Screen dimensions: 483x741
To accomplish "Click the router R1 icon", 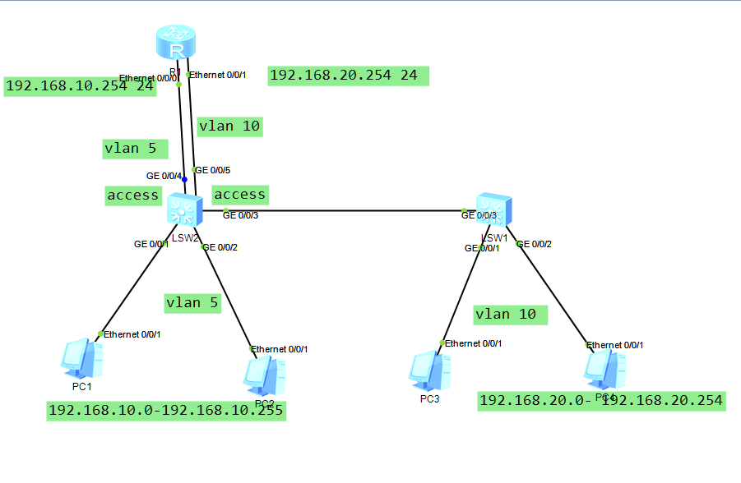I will tap(177, 42).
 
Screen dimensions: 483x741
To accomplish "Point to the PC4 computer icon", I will tap(604, 369).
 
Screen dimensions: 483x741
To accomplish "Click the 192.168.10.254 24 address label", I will tap(80, 86).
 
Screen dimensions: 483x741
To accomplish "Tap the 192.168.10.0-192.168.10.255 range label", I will tap(166, 411).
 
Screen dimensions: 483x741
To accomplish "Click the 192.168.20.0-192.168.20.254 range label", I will tap(601, 401).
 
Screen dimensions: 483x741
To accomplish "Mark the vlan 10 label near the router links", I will tap(229, 126).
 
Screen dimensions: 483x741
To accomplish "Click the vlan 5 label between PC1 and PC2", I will tap(192, 303).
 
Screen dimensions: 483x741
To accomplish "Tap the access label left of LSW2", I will tap(133, 195).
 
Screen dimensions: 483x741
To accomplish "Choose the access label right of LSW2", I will tap(239, 195).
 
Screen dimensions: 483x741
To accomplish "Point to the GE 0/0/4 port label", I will tap(164, 175).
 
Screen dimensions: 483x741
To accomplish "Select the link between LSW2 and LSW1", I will tap(345, 211).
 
